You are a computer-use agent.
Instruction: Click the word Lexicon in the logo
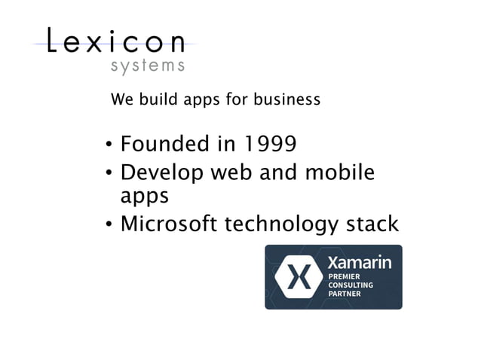pos(116,41)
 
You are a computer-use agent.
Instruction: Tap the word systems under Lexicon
pos(147,66)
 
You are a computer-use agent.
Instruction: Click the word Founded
pos(164,143)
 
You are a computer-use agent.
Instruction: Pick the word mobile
pos(339,172)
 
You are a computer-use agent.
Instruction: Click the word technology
pos(280,224)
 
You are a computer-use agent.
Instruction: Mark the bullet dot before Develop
pos(109,173)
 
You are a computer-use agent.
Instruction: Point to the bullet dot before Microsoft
pos(109,224)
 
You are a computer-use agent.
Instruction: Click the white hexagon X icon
pos(296,276)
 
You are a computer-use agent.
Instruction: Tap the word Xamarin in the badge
pos(359,263)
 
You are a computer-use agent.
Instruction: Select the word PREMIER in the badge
pos(344,277)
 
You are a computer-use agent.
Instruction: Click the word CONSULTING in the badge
pos(351,285)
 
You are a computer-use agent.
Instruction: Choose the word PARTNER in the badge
pos(344,294)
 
